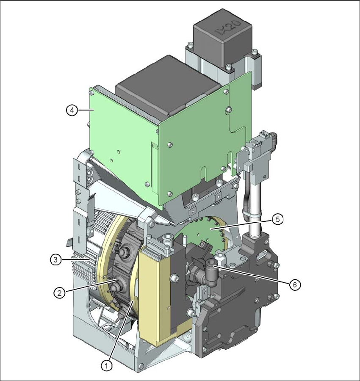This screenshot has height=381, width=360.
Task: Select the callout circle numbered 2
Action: tap(59, 293)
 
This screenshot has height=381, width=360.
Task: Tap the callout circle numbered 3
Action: tap(56, 260)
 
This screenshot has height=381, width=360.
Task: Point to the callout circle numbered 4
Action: tap(72, 110)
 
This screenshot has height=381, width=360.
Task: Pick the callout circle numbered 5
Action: tap(277, 219)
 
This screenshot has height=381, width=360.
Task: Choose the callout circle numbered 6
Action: tap(295, 284)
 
